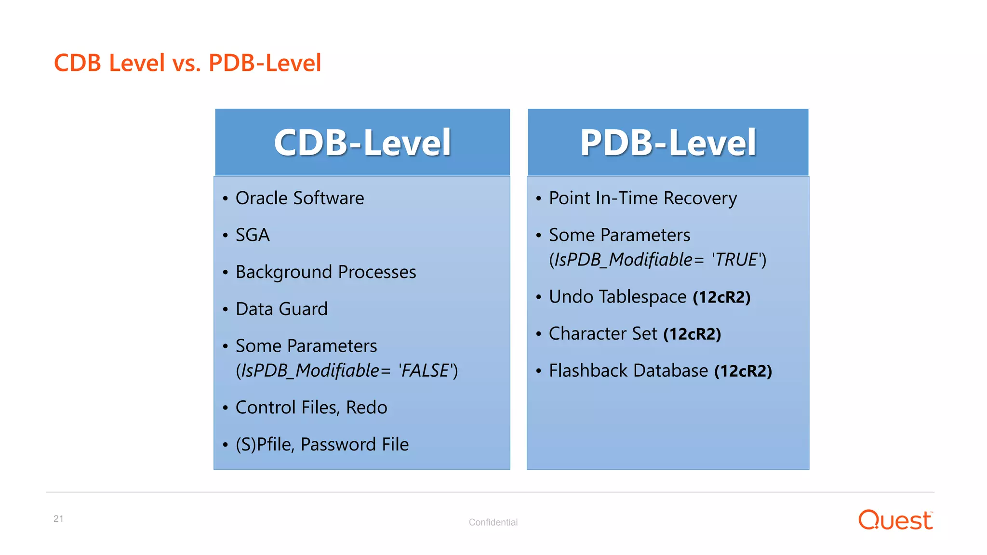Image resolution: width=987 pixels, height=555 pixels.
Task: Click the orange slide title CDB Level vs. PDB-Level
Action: [x=187, y=63]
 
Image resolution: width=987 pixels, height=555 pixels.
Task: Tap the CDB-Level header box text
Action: [x=362, y=143]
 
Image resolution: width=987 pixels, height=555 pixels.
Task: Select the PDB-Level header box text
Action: [x=668, y=143]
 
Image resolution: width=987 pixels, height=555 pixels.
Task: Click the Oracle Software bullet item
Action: [x=299, y=198]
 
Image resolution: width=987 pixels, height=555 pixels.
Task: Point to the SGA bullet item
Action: [x=253, y=235]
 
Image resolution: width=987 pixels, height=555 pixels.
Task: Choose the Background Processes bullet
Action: [x=325, y=272]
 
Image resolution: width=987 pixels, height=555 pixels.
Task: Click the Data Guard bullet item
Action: [x=281, y=309]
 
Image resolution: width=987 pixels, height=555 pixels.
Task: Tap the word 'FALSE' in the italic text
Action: [x=425, y=371]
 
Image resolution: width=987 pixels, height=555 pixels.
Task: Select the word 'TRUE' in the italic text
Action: [x=736, y=260]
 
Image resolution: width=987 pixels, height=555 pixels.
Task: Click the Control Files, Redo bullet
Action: [x=311, y=408]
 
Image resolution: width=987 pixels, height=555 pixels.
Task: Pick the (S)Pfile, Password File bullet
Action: [x=322, y=444]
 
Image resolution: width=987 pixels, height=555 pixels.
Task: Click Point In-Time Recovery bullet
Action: [x=642, y=198]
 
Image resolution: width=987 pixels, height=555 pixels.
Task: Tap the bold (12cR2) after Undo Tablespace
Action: [x=721, y=297]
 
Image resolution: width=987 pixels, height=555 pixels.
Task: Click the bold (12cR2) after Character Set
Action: [x=692, y=334]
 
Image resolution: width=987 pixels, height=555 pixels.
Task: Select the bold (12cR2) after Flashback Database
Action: [x=743, y=371]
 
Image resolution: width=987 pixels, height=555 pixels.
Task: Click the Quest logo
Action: [x=895, y=520]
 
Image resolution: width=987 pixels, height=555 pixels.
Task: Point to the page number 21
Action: [x=58, y=519]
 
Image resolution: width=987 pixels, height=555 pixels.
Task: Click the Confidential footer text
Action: [x=493, y=522]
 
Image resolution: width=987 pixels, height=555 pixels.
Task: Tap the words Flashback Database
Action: [x=628, y=371]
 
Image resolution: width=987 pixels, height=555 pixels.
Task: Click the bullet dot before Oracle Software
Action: [x=225, y=199]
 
